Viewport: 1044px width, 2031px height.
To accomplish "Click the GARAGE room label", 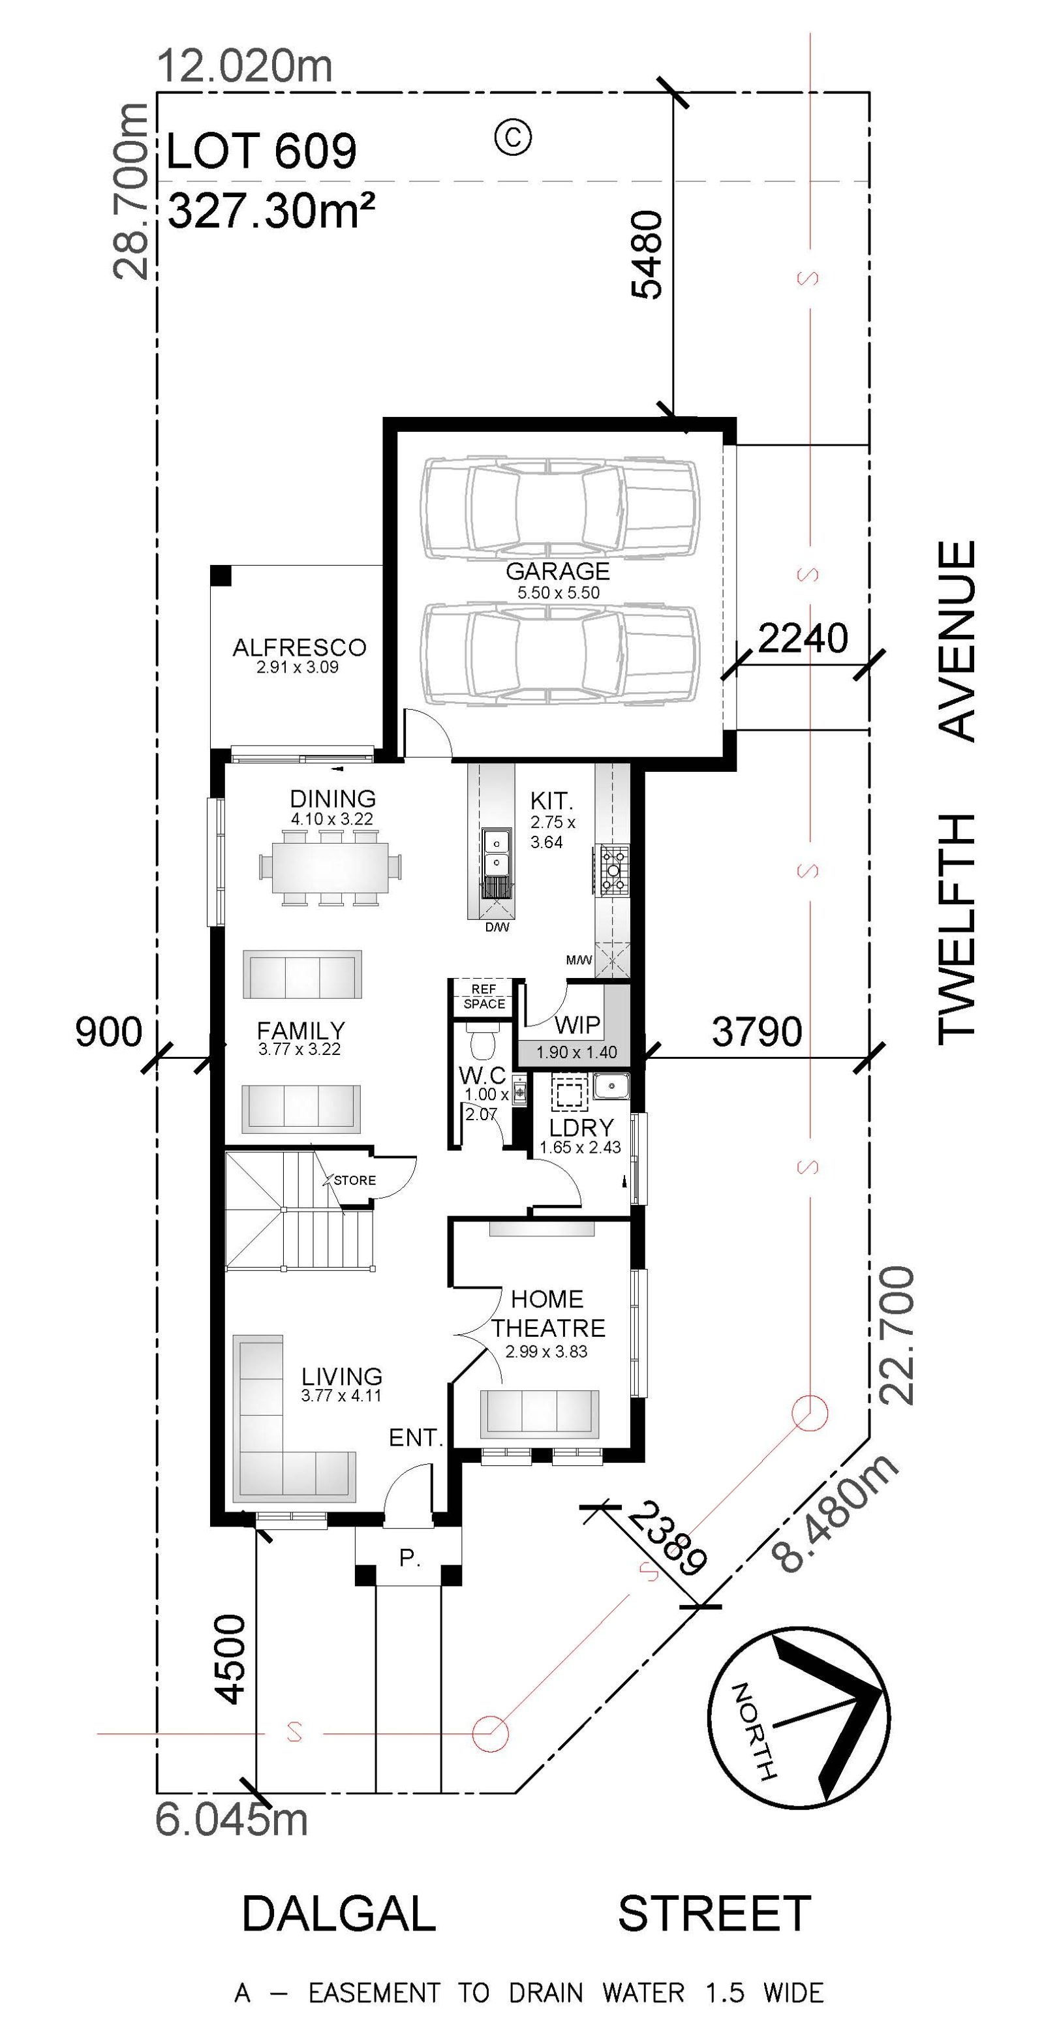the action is pyautogui.click(x=557, y=571).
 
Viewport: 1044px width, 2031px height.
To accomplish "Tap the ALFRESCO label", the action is pyautogui.click(x=299, y=647).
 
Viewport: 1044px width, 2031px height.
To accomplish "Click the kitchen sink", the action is pyautogui.click(x=496, y=853).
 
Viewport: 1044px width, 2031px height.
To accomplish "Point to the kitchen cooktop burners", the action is pyautogui.click(x=614, y=870).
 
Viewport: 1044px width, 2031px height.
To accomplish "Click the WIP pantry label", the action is pyautogui.click(x=577, y=1025).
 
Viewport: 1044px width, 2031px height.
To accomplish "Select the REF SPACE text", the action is pyautogui.click(x=484, y=996).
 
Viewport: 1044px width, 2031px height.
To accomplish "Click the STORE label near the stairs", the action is pyautogui.click(x=355, y=1180).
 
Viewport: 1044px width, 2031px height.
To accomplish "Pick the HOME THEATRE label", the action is pyautogui.click(x=548, y=1313).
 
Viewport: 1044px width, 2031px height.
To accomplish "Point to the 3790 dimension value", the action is pyautogui.click(x=757, y=1031).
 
